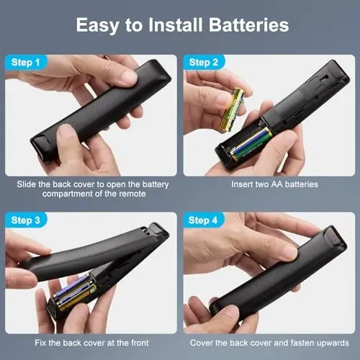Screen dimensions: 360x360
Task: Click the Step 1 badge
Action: tap(27, 62)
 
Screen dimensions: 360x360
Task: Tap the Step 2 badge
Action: tap(204, 62)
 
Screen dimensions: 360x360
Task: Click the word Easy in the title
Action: tap(103, 26)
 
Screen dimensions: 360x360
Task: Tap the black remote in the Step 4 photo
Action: tap(281, 274)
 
